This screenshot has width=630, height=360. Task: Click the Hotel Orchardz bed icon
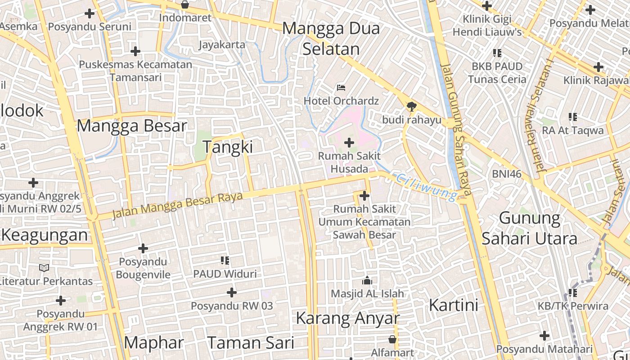point(341,87)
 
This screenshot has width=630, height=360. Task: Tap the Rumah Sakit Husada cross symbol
point(349,143)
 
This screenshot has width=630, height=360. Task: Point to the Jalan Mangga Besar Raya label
point(177,205)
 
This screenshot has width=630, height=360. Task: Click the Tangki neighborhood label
point(228,147)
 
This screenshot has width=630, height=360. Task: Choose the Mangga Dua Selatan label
point(331,38)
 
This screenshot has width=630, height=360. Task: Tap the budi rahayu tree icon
point(411,106)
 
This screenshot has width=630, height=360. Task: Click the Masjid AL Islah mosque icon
point(367,280)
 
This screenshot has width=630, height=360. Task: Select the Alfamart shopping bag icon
point(392,339)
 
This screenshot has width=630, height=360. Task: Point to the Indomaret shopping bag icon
point(184,4)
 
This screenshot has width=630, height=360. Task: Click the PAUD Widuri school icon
point(225,260)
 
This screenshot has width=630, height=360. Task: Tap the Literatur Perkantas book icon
point(44,268)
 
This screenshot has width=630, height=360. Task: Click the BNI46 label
point(507,174)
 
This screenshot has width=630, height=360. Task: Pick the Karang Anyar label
point(347,318)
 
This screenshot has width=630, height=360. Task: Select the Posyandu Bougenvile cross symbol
point(143,248)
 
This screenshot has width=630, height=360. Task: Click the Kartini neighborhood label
point(453,305)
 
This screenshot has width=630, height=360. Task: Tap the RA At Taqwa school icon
point(572,117)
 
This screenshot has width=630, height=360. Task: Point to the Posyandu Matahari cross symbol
point(544,335)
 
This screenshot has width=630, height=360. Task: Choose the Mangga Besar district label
point(131,126)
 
